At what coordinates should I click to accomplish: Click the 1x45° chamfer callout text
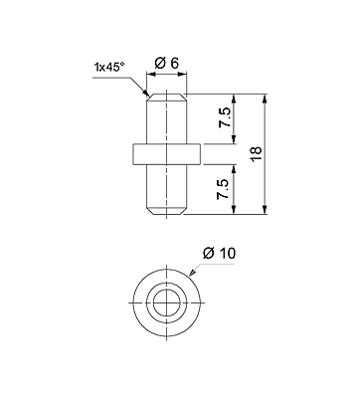pyautogui.click(x=109, y=68)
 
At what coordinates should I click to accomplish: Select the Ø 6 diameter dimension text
pyautogui.click(x=167, y=63)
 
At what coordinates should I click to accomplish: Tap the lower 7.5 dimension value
pyautogui.click(x=223, y=189)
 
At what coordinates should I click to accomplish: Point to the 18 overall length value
pyautogui.click(x=257, y=153)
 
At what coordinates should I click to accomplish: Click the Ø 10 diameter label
pyautogui.click(x=219, y=254)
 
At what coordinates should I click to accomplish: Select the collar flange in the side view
pyautogui.click(x=167, y=154)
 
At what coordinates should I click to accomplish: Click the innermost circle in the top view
pyautogui.click(x=167, y=303)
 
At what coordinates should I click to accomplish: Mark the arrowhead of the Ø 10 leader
pyautogui.click(x=192, y=272)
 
